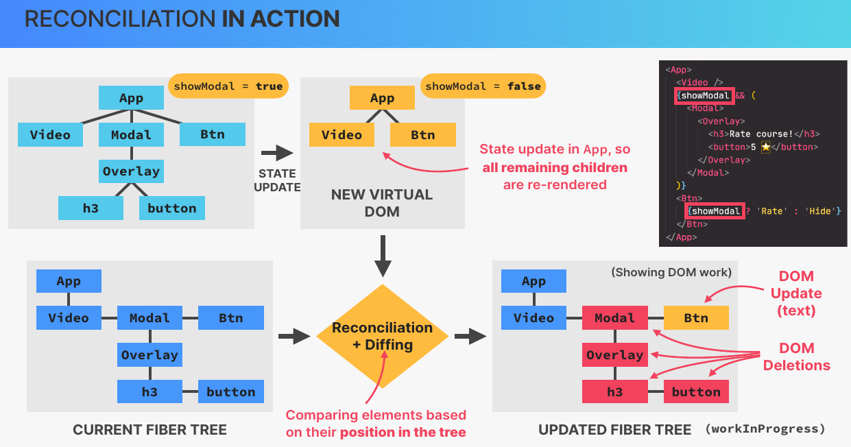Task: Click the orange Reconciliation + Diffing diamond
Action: (x=382, y=336)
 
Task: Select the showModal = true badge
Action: (x=228, y=86)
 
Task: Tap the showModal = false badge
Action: (x=483, y=86)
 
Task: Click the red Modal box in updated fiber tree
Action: (x=614, y=318)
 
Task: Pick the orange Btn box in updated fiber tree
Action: (x=696, y=318)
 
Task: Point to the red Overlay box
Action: (x=614, y=355)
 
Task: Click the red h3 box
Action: (x=614, y=392)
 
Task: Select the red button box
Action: (x=696, y=392)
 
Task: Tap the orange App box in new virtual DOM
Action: (x=382, y=98)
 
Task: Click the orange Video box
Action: (x=341, y=135)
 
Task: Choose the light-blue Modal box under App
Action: (x=131, y=135)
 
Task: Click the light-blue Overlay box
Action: (x=131, y=171)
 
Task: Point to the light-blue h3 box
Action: (x=91, y=208)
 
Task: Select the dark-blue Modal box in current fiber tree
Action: (x=149, y=318)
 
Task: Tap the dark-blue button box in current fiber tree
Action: (x=231, y=392)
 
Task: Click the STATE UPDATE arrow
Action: (x=276, y=153)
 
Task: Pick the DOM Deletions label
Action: (x=796, y=357)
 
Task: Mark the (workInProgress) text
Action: (x=765, y=430)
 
